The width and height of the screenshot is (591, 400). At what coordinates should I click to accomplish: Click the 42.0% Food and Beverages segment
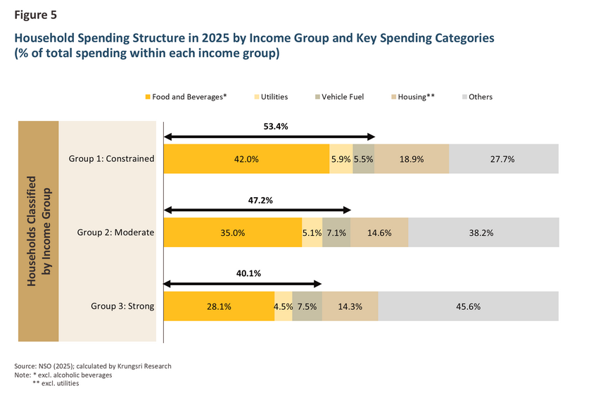click(246, 159)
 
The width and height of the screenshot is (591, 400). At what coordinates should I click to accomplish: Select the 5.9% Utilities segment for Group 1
click(341, 159)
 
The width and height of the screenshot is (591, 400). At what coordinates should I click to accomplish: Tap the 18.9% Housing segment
click(412, 159)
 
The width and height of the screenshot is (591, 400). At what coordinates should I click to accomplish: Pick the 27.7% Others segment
click(504, 159)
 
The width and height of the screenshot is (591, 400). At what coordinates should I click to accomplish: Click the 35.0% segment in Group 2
click(233, 232)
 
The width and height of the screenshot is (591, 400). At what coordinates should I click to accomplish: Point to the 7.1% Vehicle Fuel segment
click(336, 232)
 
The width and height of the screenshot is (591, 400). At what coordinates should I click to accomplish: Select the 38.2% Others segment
click(483, 232)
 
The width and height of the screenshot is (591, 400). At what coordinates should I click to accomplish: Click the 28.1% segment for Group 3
click(219, 306)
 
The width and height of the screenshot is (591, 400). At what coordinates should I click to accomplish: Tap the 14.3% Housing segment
click(350, 306)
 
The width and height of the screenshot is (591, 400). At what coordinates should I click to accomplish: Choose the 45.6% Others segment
click(469, 306)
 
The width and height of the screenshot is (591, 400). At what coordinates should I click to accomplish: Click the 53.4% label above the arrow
click(276, 127)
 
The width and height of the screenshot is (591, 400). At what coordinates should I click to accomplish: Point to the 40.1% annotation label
click(248, 273)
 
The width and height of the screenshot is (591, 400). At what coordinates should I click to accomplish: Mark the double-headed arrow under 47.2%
click(258, 210)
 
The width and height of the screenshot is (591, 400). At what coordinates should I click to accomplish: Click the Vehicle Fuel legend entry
click(340, 97)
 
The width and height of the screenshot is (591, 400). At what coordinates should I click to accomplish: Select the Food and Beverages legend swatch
click(148, 97)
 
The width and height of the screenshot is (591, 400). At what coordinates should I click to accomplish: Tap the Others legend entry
click(477, 97)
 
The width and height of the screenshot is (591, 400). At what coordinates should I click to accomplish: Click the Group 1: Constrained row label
click(111, 158)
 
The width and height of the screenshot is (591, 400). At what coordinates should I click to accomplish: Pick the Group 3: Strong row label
click(122, 306)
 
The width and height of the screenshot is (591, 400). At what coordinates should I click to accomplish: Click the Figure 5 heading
click(35, 15)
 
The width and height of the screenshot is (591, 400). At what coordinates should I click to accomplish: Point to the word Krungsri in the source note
click(129, 366)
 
